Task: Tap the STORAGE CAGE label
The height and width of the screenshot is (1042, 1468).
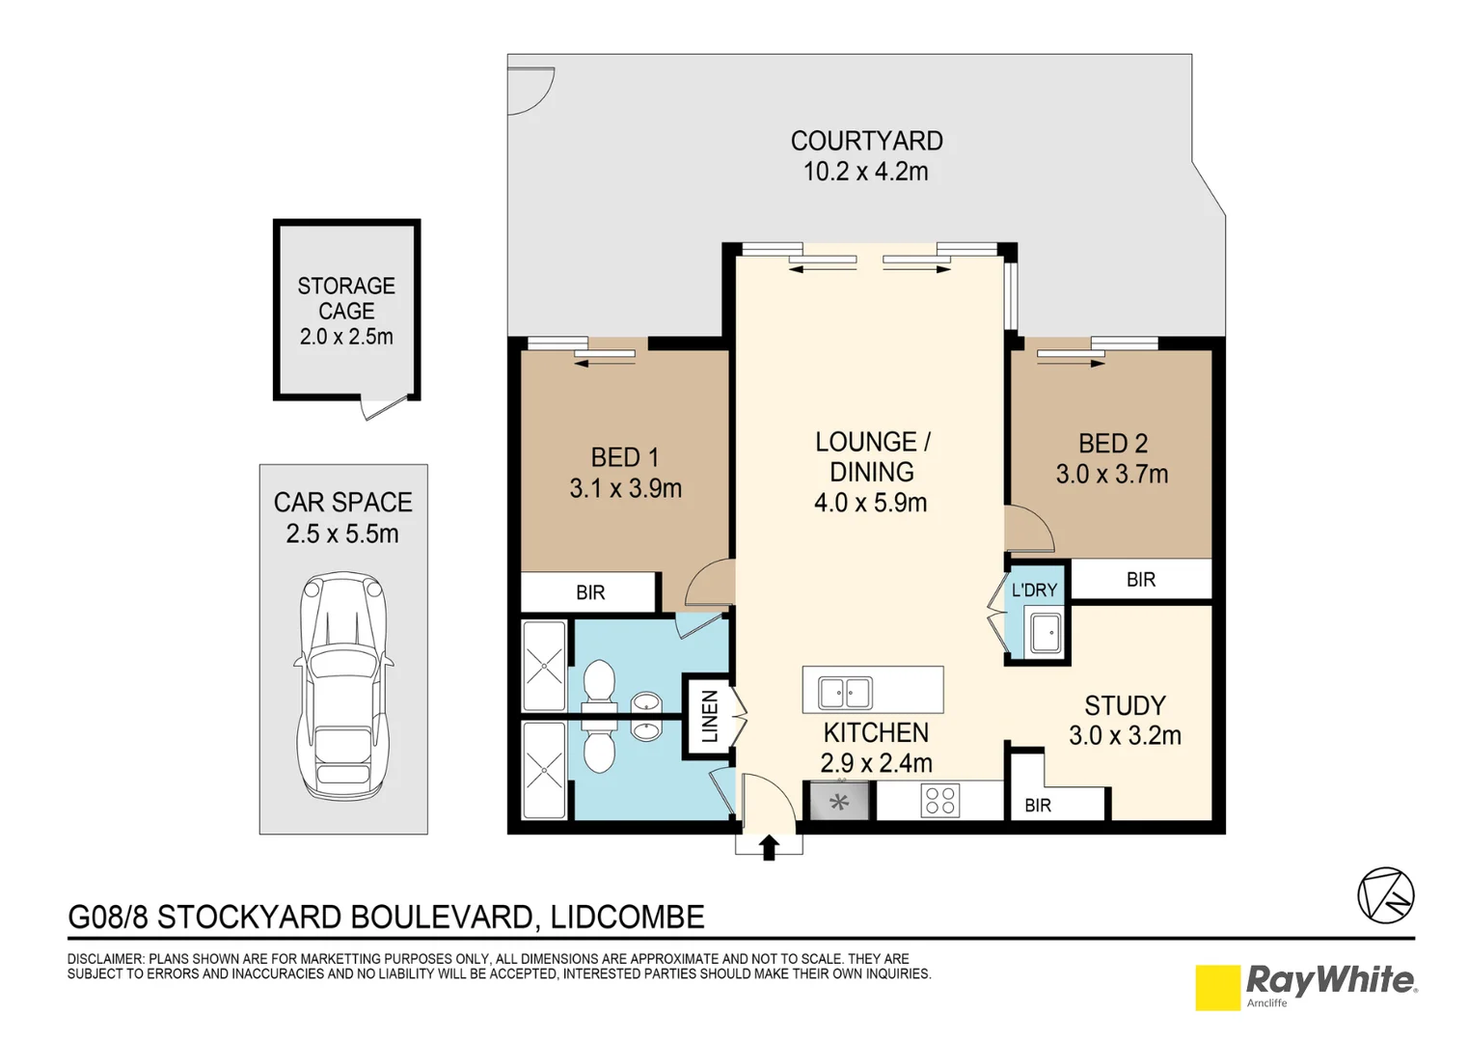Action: click(x=346, y=298)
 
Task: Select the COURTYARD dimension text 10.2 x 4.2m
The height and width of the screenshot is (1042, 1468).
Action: click(x=866, y=172)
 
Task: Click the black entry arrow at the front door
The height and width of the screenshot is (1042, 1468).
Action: click(x=769, y=847)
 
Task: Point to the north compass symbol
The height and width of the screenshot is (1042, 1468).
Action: click(x=1385, y=895)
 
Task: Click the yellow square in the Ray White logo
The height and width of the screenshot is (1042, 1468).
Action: click(x=1217, y=988)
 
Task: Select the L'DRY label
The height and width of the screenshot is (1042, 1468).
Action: click(x=1034, y=590)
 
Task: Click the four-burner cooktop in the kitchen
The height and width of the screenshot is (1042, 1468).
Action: click(x=939, y=801)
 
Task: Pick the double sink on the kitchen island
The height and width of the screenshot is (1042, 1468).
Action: click(x=846, y=693)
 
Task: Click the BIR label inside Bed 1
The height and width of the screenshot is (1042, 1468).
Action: click(x=590, y=592)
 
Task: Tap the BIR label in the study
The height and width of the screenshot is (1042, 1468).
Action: click(x=1038, y=806)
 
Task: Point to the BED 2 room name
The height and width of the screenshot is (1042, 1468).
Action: click(x=1113, y=444)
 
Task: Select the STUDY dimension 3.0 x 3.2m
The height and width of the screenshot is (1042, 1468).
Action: click(x=1125, y=736)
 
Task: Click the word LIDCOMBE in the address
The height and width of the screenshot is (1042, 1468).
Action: click(x=628, y=917)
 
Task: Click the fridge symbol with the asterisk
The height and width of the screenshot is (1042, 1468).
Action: click(x=839, y=802)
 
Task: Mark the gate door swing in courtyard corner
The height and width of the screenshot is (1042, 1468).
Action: click(x=531, y=91)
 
